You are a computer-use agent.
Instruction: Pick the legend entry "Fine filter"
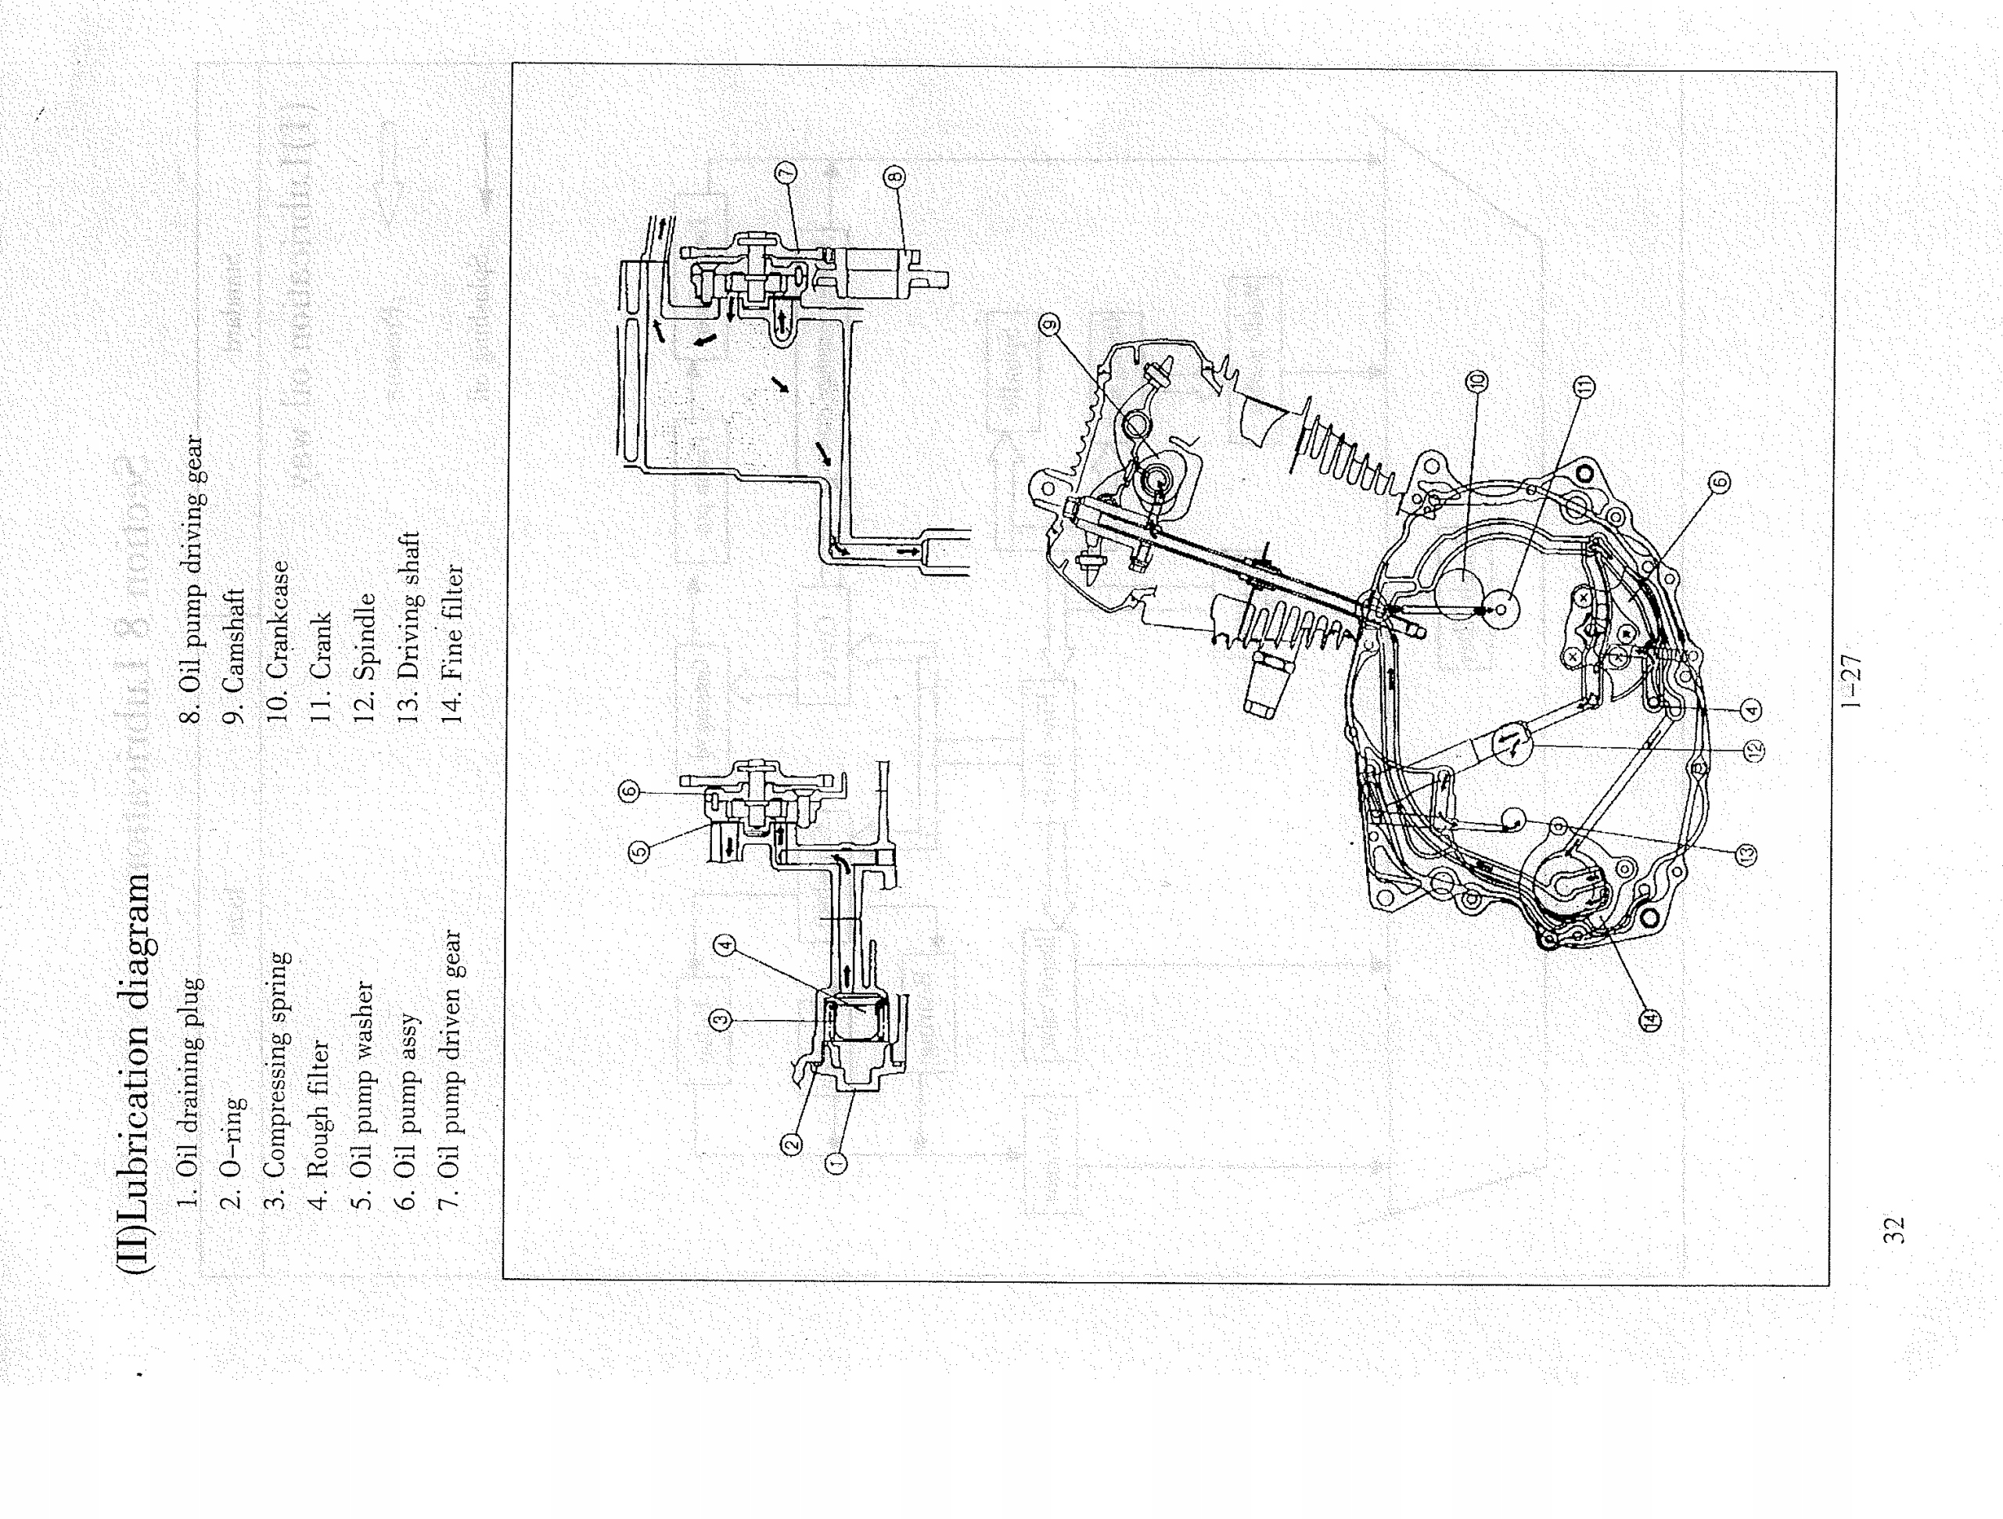coord(452,643)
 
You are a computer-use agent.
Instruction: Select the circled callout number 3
coord(720,1020)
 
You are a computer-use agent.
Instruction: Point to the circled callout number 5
coord(639,852)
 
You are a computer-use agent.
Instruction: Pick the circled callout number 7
coord(785,172)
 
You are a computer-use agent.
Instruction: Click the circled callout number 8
coord(894,176)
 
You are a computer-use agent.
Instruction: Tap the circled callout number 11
coord(1584,387)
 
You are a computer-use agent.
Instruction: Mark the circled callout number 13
coord(1746,853)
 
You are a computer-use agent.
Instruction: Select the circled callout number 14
coord(1650,1020)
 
